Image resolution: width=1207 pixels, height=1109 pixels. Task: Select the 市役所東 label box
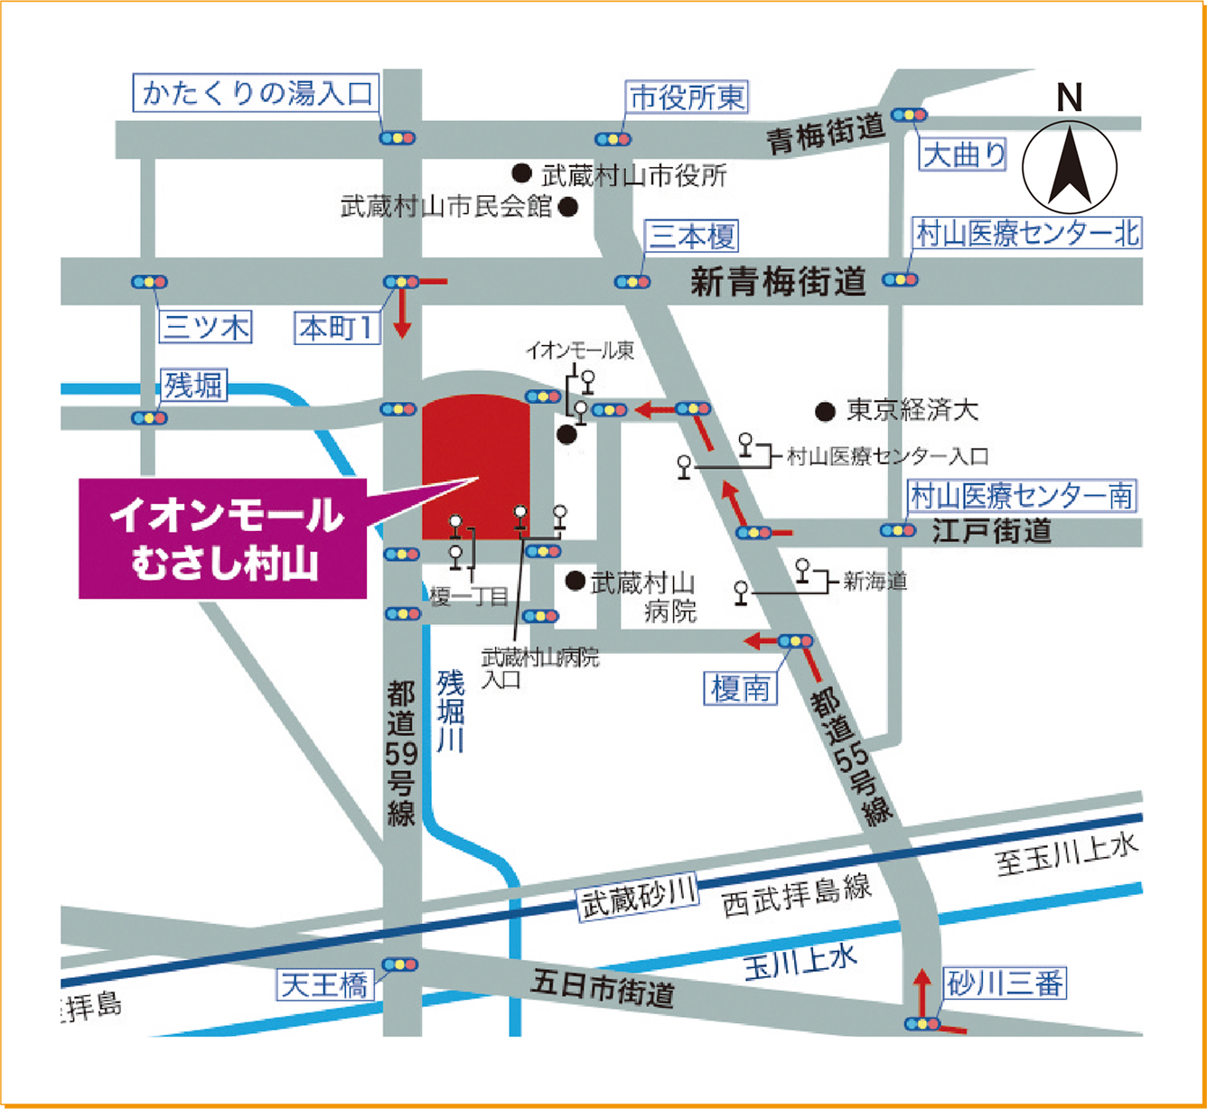pyautogui.click(x=688, y=98)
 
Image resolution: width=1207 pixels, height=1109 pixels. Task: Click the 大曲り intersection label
pyautogui.click(x=964, y=155)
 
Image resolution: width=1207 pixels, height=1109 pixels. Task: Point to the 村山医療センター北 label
pyautogui.click(x=1027, y=234)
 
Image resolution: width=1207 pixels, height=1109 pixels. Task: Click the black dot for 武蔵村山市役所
pyautogui.click(x=521, y=172)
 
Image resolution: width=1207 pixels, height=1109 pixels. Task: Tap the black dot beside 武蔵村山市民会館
pyautogui.click(x=568, y=208)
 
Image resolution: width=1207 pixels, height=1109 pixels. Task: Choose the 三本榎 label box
pyautogui.click(x=693, y=237)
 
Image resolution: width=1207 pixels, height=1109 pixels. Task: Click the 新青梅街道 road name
pyautogui.click(x=778, y=282)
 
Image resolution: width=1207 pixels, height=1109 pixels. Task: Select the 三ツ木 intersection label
pyautogui.click(x=206, y=327)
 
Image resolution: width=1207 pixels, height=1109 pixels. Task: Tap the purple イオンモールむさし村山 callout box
pyautogui.click(x=223, y=539)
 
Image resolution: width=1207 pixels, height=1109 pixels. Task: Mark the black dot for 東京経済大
pyautogui.click(x=824, y=412)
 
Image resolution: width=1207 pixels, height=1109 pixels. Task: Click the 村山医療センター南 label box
pyautogui.click(x=1021, y=496)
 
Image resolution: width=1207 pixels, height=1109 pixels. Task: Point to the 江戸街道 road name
pyautogui.click(x=992, y=531)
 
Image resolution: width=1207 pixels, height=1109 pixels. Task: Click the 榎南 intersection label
pyautogui.click(x=741, y=689)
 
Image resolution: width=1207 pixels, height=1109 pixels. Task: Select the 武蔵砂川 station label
pyautogui.click(x=638, y=897)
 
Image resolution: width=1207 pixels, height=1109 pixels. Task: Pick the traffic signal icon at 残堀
pyautogui.click(x=149, y=418)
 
